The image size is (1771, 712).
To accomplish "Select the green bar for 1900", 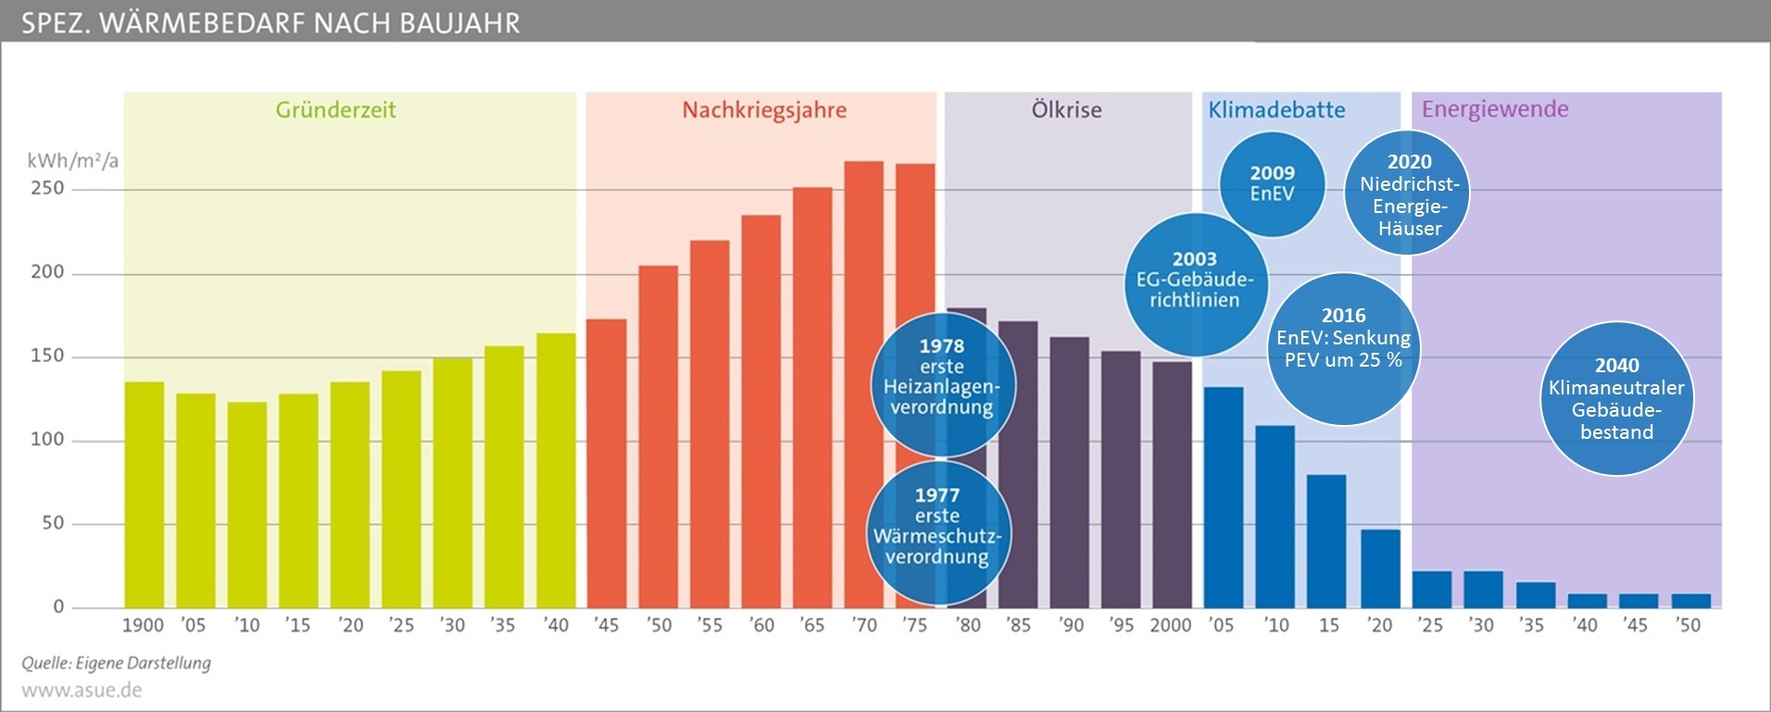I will pyautogui.click(x=144, y=494).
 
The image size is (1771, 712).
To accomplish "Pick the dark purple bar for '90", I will pyautogui.click(x=1069, y=472).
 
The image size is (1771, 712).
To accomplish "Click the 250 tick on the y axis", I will pyautogui.click(x=47, y=188).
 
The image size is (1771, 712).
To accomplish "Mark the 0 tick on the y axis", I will pyautogui.click(x=58, y=606).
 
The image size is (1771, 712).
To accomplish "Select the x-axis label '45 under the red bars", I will pyautogui.click(x=606, y=625).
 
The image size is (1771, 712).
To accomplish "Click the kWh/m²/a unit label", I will pyautogui.click(x=73, y=161).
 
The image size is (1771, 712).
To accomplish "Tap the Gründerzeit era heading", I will pyautogui.click(x=335, y=110).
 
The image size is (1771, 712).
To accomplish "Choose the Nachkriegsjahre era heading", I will pyautogui.click(x=764, y=110).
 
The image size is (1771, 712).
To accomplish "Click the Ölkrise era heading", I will pyautogui.click(x=1066, y=110).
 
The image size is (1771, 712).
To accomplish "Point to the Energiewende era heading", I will pyautogui.click(x=1494, y=109).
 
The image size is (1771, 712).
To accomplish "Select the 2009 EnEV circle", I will pyautogui.click(x=1272, y=183).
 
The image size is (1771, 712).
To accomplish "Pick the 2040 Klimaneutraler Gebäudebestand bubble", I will pyautogui.click(x=1616, y=398).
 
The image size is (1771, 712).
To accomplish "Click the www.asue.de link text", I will pyautogui.click(x=82, y=690).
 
